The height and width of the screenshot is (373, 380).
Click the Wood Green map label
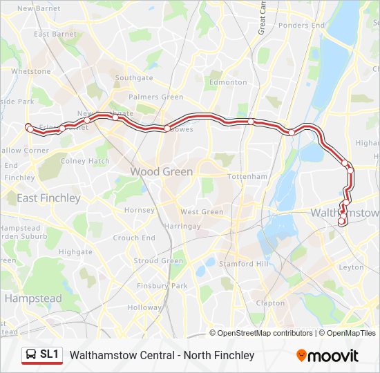coord(162,171)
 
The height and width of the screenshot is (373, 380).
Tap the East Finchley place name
coord(48,198)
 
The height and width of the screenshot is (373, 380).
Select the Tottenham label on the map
coord(247,177)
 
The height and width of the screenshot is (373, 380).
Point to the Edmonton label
coord(228,82)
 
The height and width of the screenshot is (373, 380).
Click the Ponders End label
coord(301,26)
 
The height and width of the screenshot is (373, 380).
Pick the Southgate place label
coord(134,78)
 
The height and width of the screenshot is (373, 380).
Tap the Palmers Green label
coord(156,97)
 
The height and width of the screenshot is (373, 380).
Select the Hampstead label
coord(33,299)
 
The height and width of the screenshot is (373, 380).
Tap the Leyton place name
coord(352,267)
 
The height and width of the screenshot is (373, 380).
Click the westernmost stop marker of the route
coord(29,128)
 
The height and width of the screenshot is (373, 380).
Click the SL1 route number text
coord(50,355)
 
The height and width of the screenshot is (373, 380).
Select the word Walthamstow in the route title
coord(101,355)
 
